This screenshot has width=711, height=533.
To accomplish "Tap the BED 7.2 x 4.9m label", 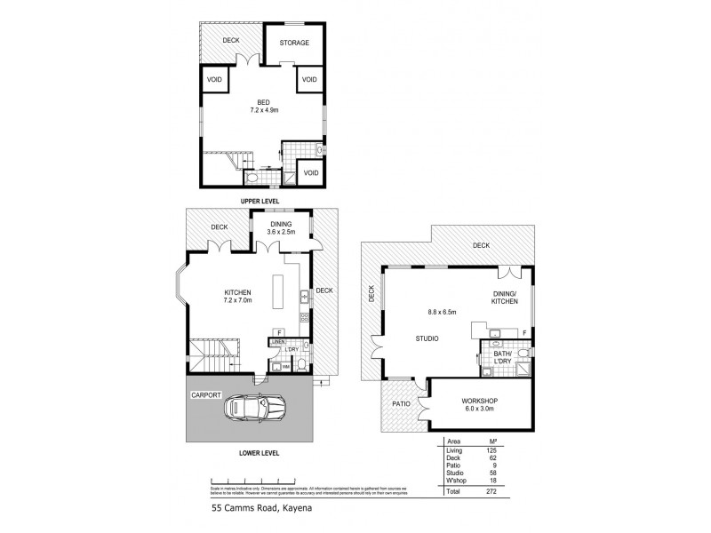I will point(264,107).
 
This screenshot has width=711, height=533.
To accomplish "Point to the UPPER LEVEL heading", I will point(260,202).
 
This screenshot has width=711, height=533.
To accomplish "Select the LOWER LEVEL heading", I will point(260,452).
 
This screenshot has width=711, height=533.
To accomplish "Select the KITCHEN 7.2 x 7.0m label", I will point(238,296).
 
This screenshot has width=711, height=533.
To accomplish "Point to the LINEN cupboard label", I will point(277,342).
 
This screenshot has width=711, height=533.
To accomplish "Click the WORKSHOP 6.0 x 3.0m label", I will point(480,405).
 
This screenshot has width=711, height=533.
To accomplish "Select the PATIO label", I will point(401,402).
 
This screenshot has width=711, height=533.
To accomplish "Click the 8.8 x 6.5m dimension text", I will point(441,312).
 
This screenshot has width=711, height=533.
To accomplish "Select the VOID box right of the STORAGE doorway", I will point(308,80).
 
